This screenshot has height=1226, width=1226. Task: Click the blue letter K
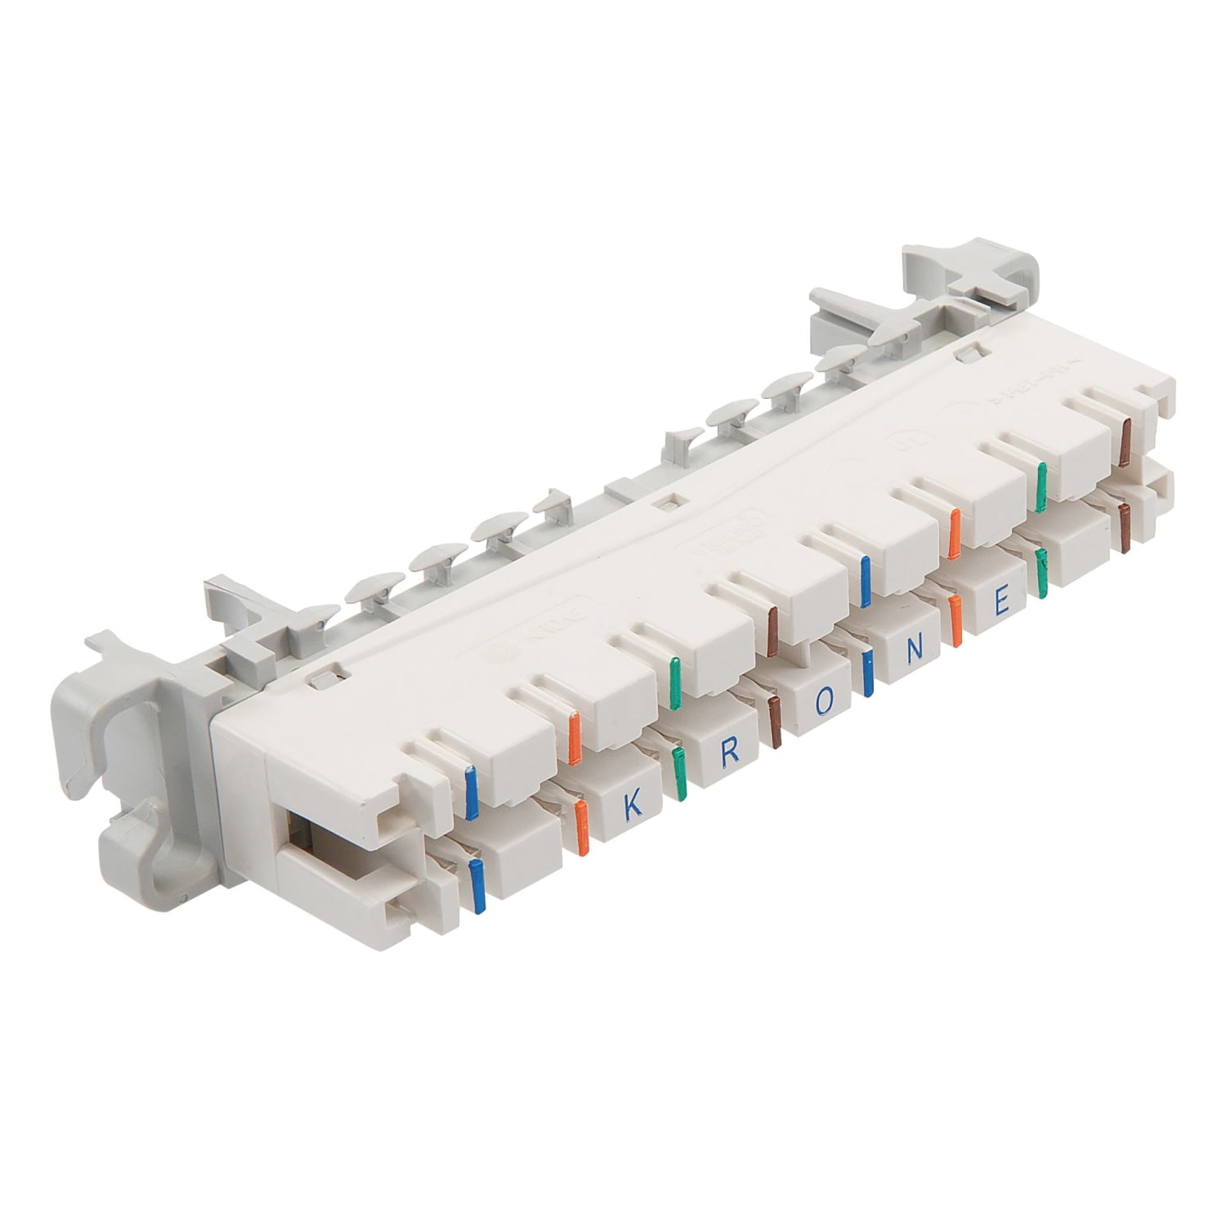coord(631,806)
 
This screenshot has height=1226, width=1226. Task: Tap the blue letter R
coord(729,754)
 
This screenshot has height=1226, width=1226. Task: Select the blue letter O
coord(826,700)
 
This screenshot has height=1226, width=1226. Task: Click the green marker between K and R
coord(678,773)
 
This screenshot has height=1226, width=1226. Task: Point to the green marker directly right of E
coord(1041,575)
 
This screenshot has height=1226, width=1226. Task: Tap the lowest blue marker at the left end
coord(476,885)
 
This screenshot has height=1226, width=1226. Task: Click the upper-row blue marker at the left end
coord(471,792)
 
